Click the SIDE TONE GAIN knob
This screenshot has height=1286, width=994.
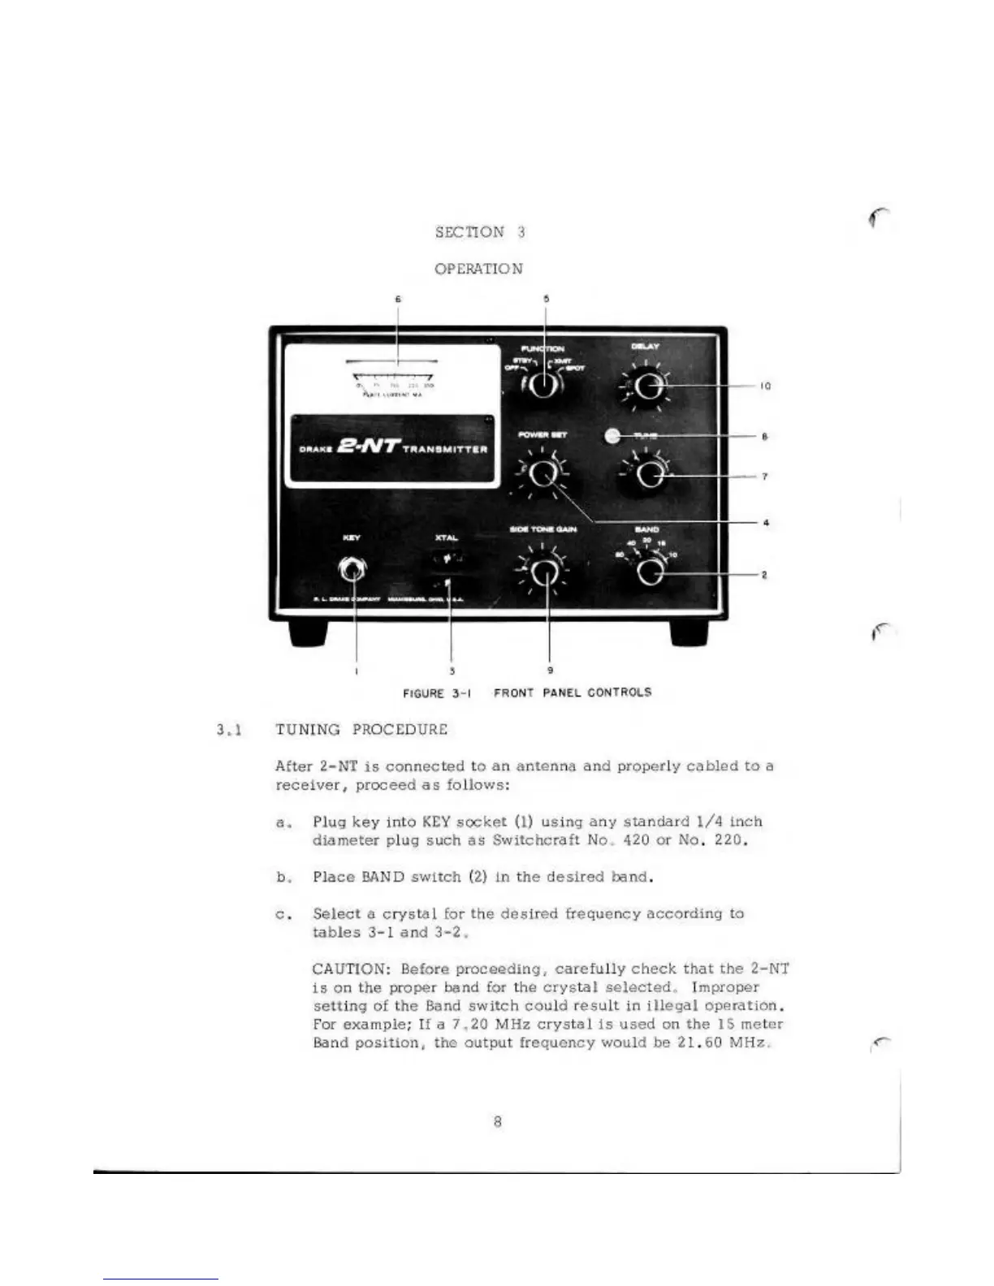tap(545, 573)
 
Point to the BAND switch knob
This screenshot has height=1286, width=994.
tap(649, 572)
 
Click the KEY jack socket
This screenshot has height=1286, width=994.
tap(352, 570)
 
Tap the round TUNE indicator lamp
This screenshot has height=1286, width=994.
tap(615, 436)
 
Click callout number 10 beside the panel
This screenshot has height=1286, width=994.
tap(764, 386)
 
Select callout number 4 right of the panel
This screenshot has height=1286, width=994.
tap(766, 523)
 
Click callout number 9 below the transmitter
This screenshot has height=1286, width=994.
tap(551, 671)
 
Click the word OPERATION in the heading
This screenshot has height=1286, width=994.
tap(478, 269)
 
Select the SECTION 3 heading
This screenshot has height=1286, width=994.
tap(480, 232)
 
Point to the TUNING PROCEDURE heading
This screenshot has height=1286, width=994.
tap(361, 729)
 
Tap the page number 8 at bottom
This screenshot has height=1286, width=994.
tap(497, 1121)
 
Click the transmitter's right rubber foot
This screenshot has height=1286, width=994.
tap(689, 633)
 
